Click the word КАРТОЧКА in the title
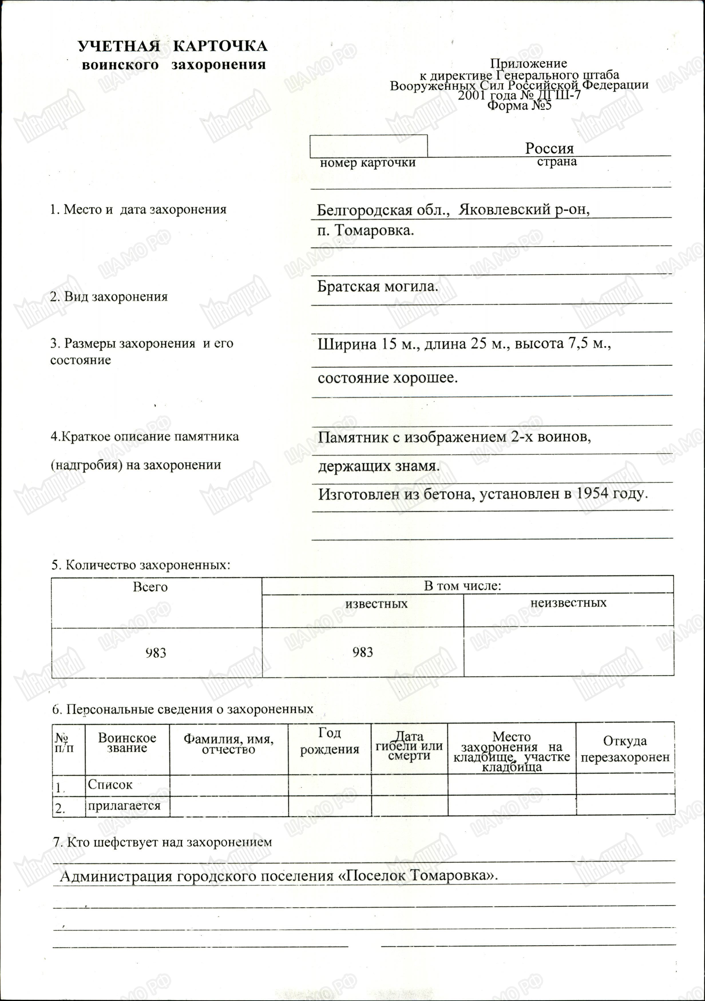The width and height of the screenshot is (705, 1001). coord(220,46)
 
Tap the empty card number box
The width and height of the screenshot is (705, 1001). coord(369,146)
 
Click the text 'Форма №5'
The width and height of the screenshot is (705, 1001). coord(519,106)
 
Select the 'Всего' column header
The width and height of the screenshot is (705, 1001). coord(150,587)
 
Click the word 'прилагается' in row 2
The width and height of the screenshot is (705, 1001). coord(124,805)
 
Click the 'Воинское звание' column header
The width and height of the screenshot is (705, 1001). coord(127,743)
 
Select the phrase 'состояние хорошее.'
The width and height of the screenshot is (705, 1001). coord(388,377)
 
